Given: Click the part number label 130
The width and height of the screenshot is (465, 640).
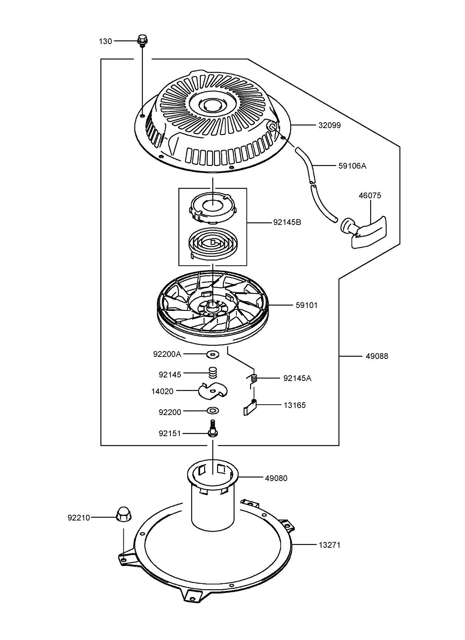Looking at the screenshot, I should pos(105,41).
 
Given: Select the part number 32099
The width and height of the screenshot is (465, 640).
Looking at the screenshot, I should pos(329,125).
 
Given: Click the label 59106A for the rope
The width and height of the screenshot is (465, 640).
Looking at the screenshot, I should pos(352,166).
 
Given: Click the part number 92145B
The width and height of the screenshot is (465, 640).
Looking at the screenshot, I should pos(287,222).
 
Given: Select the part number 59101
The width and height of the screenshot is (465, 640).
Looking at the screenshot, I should pos(306,305).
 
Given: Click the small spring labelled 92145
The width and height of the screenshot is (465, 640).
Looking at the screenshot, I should pos(213,372).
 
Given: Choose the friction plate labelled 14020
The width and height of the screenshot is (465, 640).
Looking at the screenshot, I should pos(213,390).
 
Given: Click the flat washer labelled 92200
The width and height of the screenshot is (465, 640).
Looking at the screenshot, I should pos(213,411).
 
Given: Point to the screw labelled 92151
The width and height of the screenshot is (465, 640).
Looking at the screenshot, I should pos(213,429).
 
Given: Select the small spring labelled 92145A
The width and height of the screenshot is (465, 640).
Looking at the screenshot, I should pos(254,378).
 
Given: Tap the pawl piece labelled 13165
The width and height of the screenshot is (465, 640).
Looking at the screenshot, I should pos(250,408).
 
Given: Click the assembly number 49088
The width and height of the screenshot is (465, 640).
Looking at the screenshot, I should pos(377,357).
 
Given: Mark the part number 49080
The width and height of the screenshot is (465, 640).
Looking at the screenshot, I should pos(276,478).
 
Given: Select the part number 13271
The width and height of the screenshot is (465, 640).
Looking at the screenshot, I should pos(329,545).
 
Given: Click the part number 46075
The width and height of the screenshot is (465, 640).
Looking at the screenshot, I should pos(369,195).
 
